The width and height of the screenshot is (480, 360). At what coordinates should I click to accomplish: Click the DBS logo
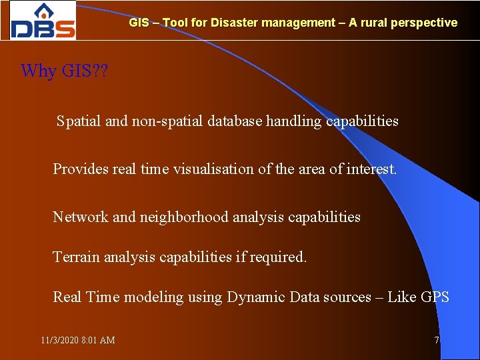[x=43, y=21]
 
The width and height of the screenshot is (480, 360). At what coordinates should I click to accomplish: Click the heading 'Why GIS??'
[x=65, y=71]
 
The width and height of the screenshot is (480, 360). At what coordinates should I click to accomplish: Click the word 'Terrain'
[x=76, y=257]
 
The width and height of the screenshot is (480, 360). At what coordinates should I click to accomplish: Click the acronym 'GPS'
[x=435, y=297]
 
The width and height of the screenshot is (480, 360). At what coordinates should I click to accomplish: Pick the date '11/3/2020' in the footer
[x=59, y=341]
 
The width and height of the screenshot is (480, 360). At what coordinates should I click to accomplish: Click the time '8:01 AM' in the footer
[x=98, y=341]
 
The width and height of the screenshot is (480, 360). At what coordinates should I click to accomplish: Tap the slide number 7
[x=437, y=341]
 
